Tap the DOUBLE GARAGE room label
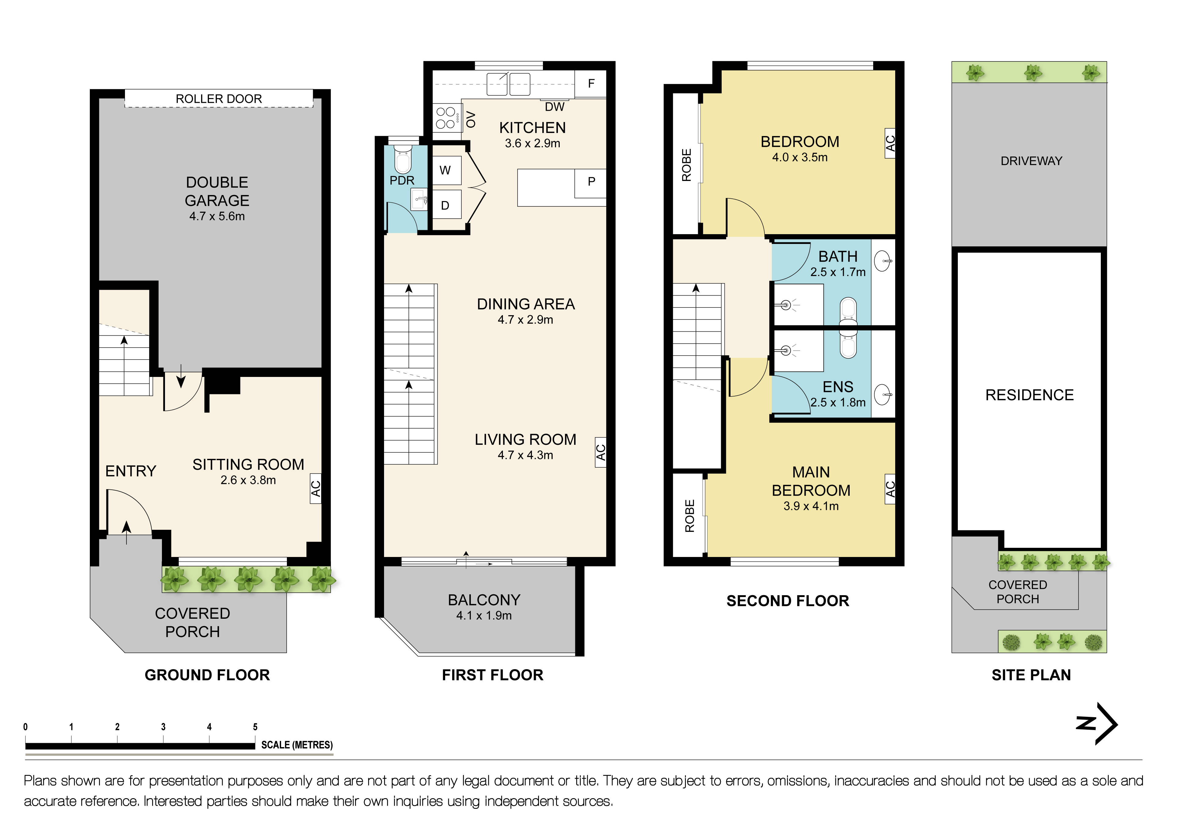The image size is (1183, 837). click(x=217, y=192)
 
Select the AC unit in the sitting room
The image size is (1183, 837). click(x=315, y=488)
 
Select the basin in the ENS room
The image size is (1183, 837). click(x=883, y=395)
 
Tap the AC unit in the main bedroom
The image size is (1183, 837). click(x=890, y=488)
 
